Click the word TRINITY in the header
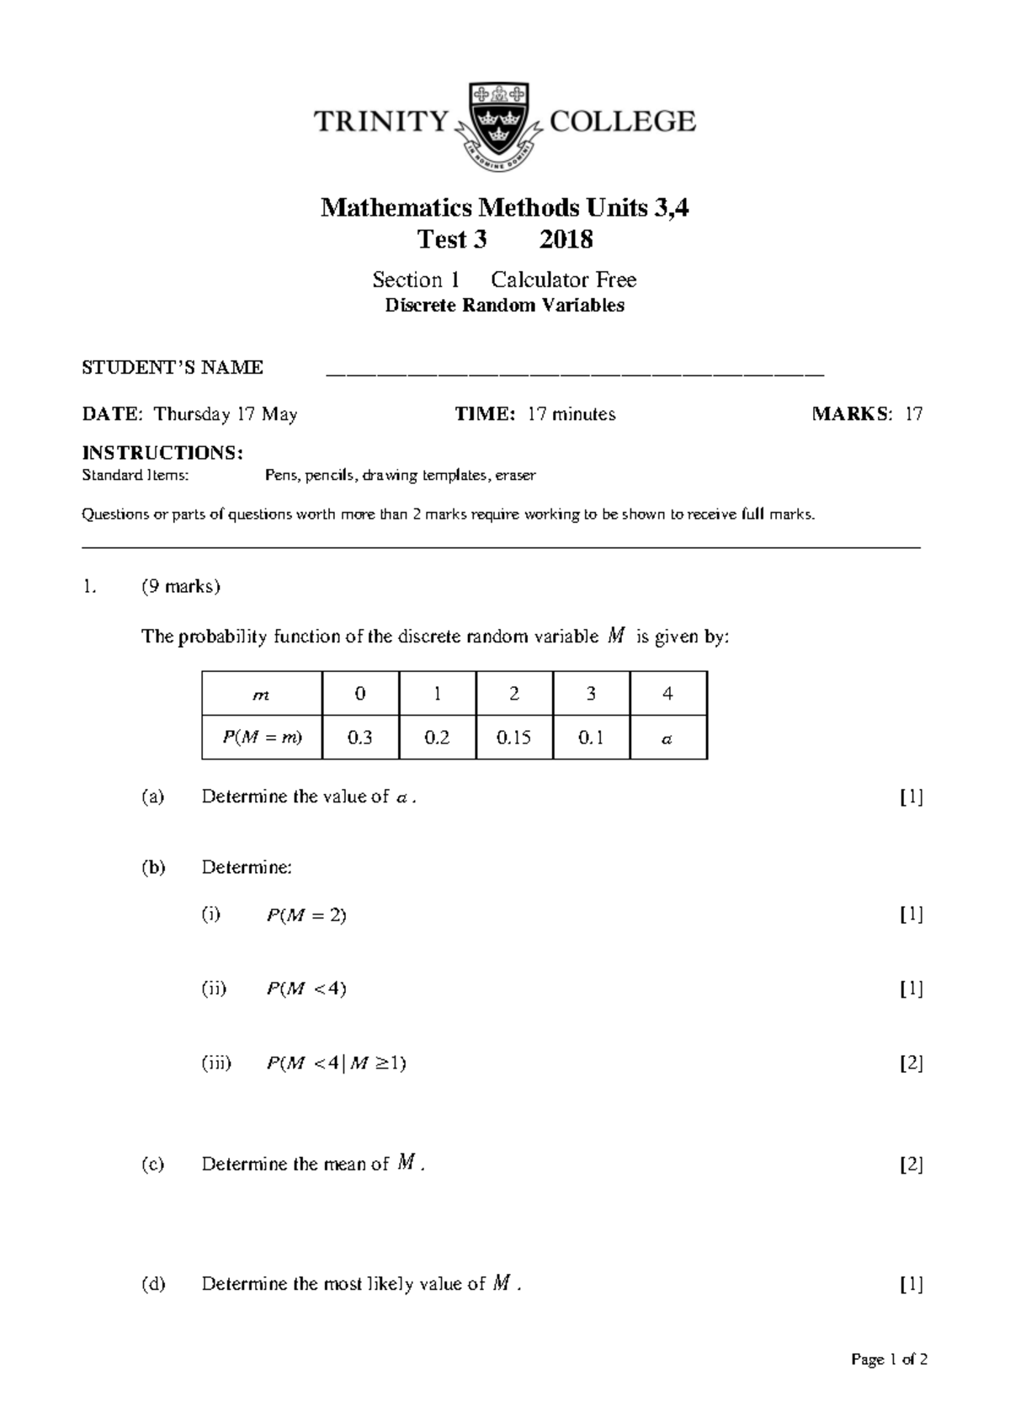(381, 123)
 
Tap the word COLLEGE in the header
(622, 122)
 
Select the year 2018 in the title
(566, 240)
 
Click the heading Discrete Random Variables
(504, 306)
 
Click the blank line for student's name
(575, 370)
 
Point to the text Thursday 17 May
(226, 414)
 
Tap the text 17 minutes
(571, 414)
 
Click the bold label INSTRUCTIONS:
(162, 453)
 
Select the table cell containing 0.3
(360, 738)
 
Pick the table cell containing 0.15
(513, 738)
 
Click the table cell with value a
(667, 738)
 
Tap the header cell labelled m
(262, 695)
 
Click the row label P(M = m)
(262, 738)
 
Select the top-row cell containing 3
(591, 694)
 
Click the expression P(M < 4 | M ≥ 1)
(336, 1063)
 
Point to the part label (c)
(153, 1164)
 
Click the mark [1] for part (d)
(911, 1284)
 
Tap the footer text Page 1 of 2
(889, 1360)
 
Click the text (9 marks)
(181, 587)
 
